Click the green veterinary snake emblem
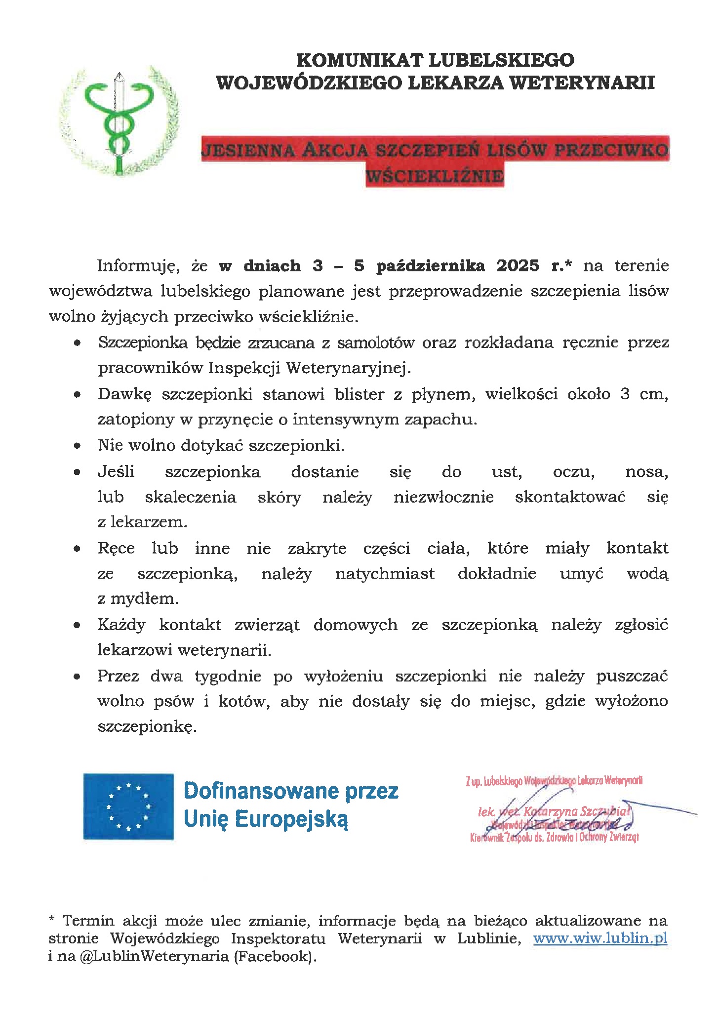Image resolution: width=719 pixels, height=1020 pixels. (118, 121)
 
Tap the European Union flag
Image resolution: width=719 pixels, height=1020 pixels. (128, 806)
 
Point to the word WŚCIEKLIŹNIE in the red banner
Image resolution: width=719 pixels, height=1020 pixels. (435, 175)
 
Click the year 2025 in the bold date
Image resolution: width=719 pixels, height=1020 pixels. (518, 266)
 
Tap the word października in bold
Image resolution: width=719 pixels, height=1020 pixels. (430, 266)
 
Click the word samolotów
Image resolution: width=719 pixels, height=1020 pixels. (375, 342)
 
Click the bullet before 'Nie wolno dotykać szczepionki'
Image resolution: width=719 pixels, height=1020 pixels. (77, 446)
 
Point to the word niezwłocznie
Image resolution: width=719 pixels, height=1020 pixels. (443, 497)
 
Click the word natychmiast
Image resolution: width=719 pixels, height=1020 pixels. (385, 574)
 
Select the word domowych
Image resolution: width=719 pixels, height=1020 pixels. (355, 625)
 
